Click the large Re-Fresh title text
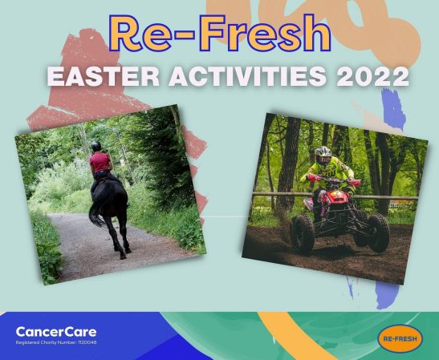pyautogui.click(x=220, y=34)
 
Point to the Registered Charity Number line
pyautogui.click(x=56, y=343)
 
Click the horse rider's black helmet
pyautogui.click(x=96, y=146)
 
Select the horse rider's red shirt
pyautogui.click(x=101, y=162)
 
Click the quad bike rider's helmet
pyautogui.click(x=323, y=155)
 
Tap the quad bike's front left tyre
pyautogui.click(x=303, y=233)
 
